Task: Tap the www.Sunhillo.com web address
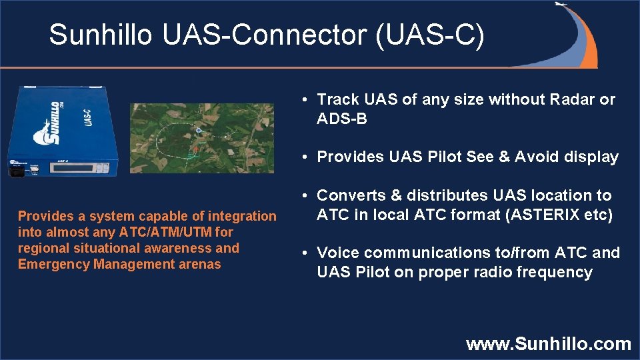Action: coord(548,344)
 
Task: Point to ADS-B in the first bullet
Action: coord(341,119)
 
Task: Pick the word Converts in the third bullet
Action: coord(351,195)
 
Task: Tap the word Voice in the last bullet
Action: coord(338,253)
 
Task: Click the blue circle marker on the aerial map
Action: coord(198,131)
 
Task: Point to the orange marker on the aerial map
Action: coord(193,151)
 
